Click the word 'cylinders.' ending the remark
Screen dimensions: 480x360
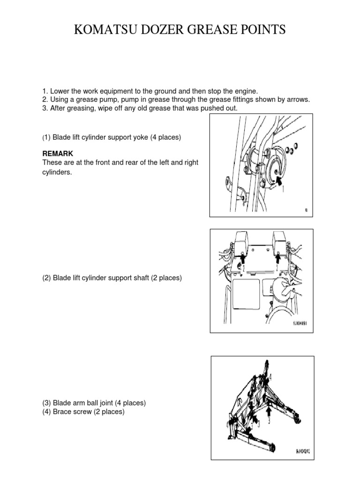pyautogui.click(x=57, y=172)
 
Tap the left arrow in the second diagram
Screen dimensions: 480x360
pyautogui.click(x=242, y=257)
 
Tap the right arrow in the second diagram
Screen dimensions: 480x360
pyautogui.click(x=278, y=257)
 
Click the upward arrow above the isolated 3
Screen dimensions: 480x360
pyautogui.click(x=269, y=411)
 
